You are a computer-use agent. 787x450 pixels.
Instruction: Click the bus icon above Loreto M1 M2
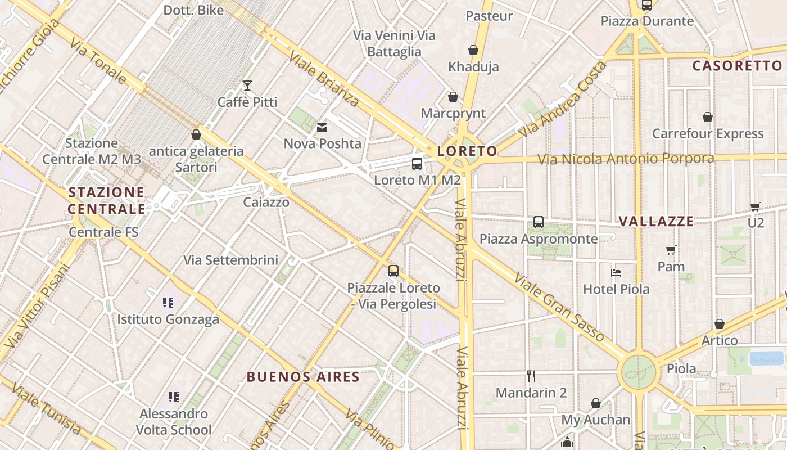point(417,164)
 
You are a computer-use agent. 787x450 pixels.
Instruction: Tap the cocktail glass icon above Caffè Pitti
point(247,85)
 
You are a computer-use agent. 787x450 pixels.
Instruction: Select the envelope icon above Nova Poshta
point(322,128)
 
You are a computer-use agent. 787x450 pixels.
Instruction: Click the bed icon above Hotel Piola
point(616,273)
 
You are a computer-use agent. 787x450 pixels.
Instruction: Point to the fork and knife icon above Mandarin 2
point(531,376)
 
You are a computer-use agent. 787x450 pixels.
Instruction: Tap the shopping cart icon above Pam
point(671,250)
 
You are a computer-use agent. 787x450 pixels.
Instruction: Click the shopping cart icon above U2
point(756,206)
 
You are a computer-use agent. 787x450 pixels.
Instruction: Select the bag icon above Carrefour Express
point(708,117)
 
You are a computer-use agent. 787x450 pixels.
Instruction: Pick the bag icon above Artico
point(719,324)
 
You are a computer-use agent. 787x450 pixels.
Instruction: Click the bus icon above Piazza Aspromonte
point(539,222)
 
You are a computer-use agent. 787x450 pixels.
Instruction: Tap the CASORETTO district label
point(736,66)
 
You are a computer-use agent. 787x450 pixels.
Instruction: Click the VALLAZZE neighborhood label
point(656,221)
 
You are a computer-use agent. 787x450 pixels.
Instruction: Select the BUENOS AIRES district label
point(303,376)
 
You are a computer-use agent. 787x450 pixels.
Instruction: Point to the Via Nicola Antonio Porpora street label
point(626,159)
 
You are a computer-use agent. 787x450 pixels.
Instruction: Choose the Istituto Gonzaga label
point(168,319)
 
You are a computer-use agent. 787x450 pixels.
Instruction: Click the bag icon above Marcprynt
point(453,97)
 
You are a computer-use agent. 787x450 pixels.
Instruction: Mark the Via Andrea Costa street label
point(562,100)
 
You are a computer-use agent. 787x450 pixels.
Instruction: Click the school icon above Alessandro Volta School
point(174,397)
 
